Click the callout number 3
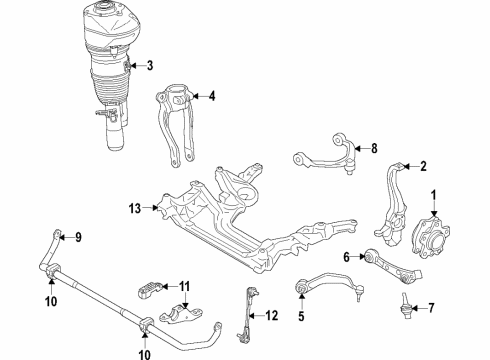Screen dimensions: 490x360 (150, 65)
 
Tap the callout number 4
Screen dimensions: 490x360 (212, 96)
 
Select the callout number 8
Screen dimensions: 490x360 (374, 148)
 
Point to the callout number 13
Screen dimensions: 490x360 (135, 208)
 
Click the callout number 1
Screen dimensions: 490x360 (434, 195)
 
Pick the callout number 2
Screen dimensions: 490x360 (423, 166)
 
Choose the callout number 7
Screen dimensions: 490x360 (431, 308)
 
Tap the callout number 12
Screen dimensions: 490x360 (272, 315)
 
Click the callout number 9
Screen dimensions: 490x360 (78, 237)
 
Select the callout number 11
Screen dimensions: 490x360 (184, 286)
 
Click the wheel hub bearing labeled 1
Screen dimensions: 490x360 (430, 237)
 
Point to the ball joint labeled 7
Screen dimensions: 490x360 (406, 306)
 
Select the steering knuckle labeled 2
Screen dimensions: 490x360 (391, 206)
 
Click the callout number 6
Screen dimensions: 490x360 (347, 257)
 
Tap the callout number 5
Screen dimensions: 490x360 (301, 316)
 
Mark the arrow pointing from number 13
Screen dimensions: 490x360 (151, 208)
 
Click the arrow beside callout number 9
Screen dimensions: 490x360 (66, 237)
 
